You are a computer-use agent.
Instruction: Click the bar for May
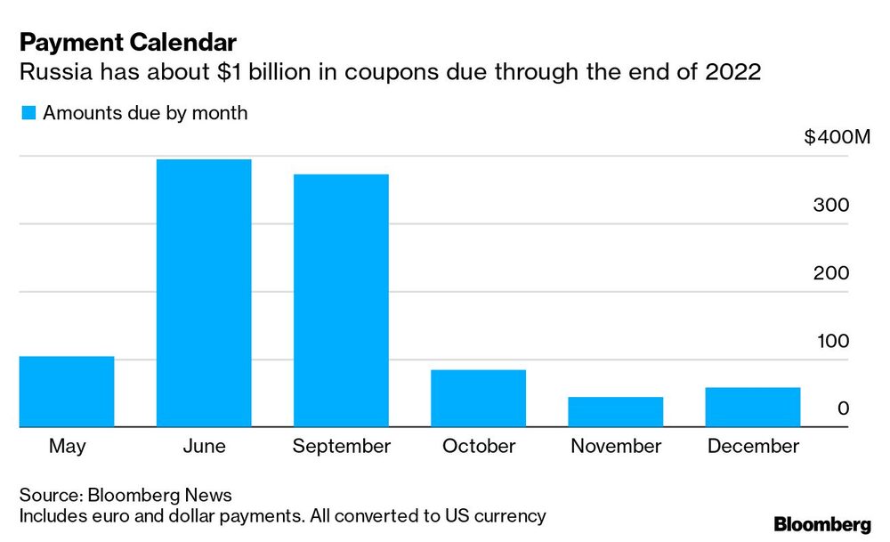tap(67, 392)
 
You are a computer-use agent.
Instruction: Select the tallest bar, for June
tap(204, 294)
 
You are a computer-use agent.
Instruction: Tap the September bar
tap(341, 301)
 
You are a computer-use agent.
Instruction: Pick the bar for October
tap(478, 399)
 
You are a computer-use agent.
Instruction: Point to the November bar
tap(616, 412)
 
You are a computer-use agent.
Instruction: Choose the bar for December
tap(753, 408)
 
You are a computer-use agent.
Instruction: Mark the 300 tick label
tap(831, 206)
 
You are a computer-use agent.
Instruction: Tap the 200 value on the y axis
tap(831, 273)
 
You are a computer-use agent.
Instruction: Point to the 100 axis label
tap(831, 342)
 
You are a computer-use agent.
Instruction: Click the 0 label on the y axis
tap(843, 409)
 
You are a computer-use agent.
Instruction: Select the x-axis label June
tap(203, 447)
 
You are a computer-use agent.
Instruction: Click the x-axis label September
tap(341, 447)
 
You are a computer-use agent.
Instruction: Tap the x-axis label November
tap(616, 447)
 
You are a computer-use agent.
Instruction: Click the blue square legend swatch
tap(28, 113)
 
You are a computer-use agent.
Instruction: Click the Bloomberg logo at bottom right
tap(823, 524)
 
